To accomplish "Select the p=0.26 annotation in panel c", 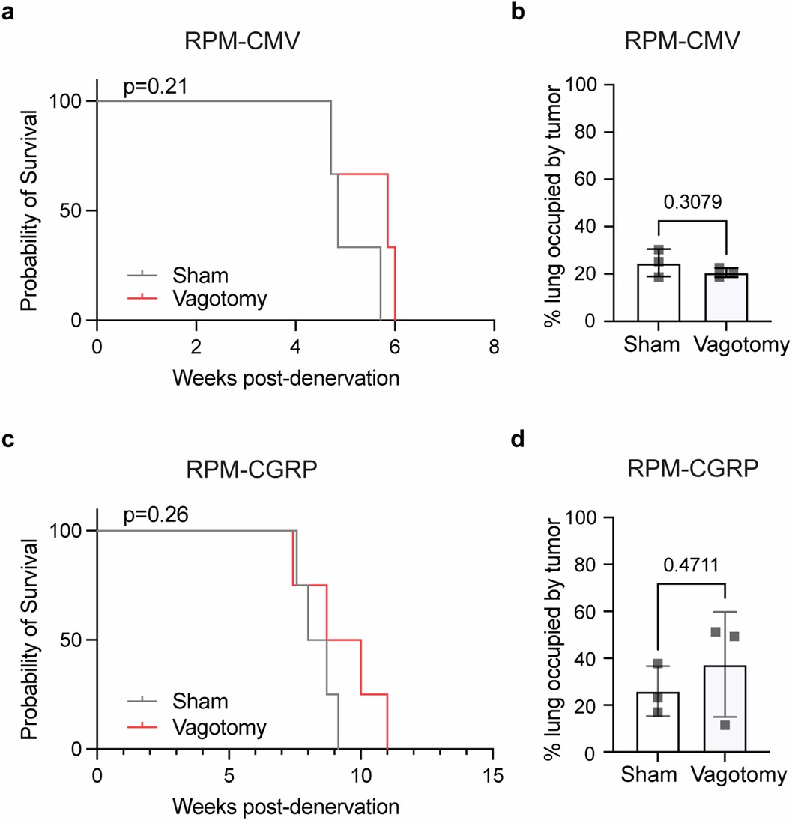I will point(154,516).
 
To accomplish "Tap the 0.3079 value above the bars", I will point(692,201).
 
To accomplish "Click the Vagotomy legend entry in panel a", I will point(219,297).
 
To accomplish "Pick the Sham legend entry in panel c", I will point(200,702).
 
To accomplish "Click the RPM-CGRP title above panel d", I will point(693,473).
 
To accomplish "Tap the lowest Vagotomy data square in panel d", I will point(725,725).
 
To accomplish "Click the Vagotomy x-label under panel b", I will point(741,345).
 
